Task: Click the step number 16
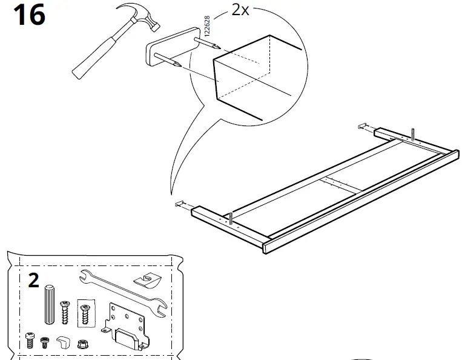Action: pyautogui.click(x=28, y=15)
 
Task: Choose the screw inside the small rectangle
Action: pyautogui.click(x=85, y=315)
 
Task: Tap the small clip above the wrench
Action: pyautogui.click(x=147, y=281)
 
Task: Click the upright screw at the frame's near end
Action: pyautogui.click(x=231, y=219)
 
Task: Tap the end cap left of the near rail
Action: pyautogui.click(x=179, y=204)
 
